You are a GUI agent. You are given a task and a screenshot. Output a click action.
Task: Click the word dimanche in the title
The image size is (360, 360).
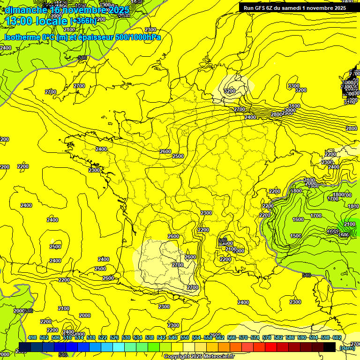point(26,10)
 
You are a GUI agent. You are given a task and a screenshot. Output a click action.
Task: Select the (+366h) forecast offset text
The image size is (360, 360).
point(83,21)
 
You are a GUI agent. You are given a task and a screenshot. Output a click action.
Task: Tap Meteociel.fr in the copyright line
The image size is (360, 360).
point(218,356)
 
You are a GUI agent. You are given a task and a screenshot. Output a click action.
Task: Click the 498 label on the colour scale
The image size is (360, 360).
point(32,338)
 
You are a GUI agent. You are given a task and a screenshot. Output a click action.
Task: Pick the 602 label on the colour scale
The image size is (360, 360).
point(337,338)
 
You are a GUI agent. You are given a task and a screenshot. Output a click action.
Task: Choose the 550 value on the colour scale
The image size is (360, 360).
point(185,338)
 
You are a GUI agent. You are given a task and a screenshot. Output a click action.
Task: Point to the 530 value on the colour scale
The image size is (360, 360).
point(126,338)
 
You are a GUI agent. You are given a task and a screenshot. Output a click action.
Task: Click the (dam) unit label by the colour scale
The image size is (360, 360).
point(347,348)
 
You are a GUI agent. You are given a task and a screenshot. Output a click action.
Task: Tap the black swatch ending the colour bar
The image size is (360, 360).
point(329,347)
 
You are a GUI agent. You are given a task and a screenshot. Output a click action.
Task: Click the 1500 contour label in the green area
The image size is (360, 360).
point(296,236)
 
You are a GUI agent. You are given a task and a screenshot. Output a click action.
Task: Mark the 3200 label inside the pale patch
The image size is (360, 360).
point(230,90)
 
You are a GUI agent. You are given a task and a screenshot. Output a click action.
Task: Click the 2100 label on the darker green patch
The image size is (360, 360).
point(350,225)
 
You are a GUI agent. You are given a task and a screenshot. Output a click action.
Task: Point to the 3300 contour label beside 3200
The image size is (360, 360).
point(294,86)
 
